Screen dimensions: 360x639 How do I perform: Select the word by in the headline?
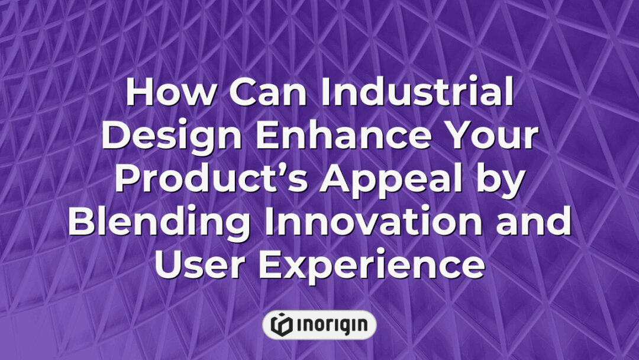click(x=501, y=181)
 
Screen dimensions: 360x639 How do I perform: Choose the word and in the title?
click(x=535, y=223)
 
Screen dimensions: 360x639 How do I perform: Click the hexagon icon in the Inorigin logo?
click(x=280, y=324)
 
